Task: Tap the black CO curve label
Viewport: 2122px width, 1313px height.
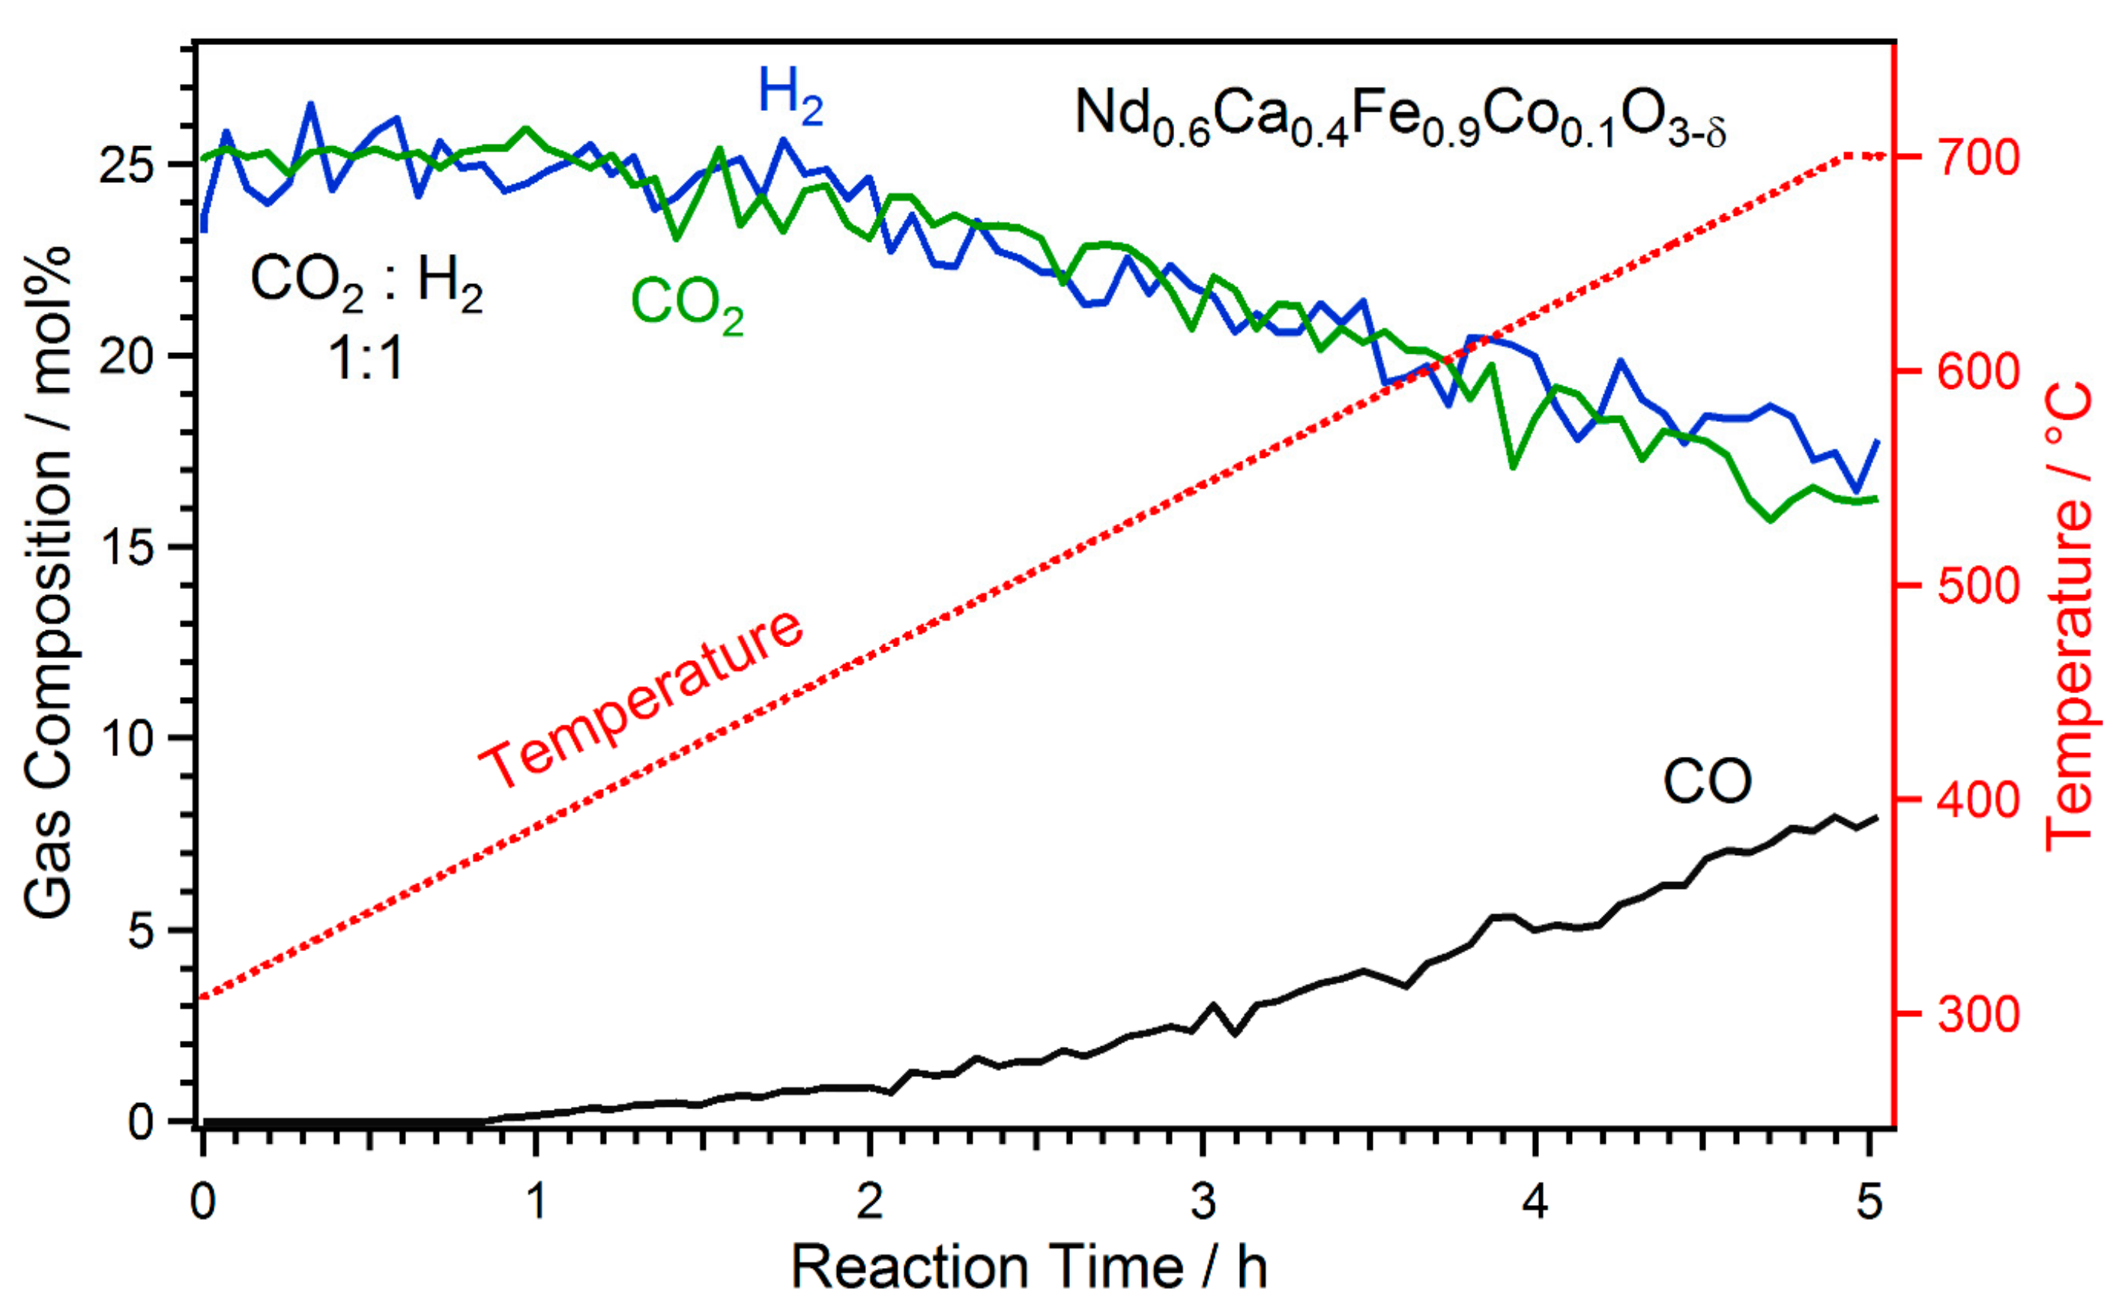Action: pos(1706,782)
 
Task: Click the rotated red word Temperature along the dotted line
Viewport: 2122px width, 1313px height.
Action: pos(641,700)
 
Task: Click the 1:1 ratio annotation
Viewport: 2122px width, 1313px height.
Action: pos(366,357)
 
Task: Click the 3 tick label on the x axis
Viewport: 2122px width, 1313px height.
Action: pos(1203,1203)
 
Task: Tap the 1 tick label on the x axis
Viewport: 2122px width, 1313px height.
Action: pos(536,1203)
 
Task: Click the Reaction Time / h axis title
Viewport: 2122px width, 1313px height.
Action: pos(1028,1267)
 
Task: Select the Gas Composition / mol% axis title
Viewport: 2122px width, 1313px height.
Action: pos(48,582)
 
